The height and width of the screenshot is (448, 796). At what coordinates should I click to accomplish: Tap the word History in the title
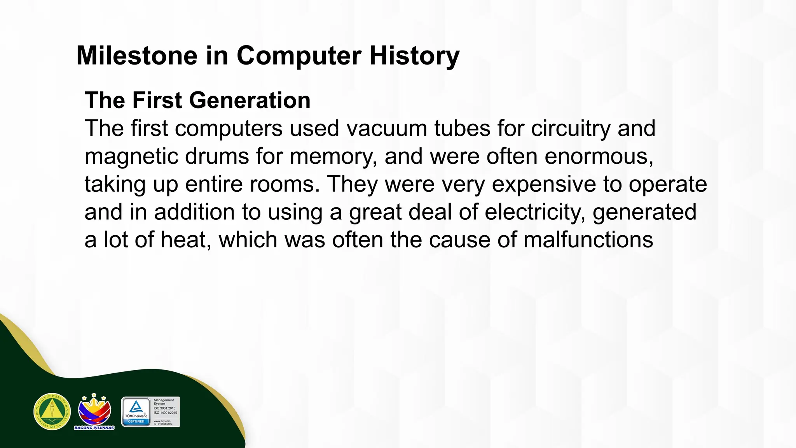(414, 56)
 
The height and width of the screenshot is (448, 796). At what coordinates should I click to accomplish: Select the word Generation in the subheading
(250, 100)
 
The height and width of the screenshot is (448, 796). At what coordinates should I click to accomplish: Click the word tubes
(462, 128)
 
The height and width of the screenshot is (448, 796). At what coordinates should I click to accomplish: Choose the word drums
(217, 156)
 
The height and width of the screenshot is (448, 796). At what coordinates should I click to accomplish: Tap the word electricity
(535, 212)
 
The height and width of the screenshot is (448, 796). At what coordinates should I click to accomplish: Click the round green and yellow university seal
(52, 411)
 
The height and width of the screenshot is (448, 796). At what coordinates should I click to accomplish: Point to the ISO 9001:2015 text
(164, 408)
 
